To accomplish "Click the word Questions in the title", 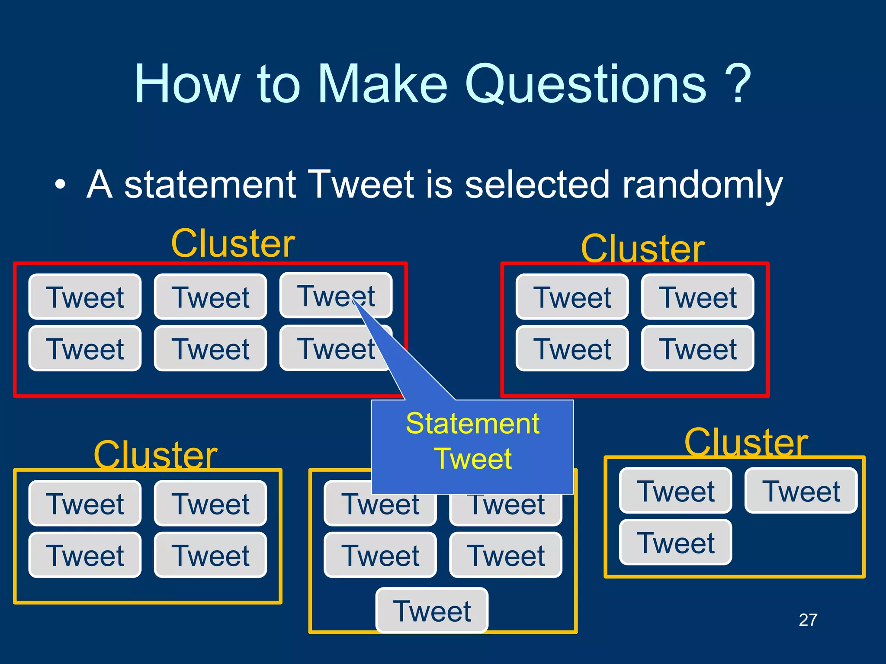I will click(586, 84).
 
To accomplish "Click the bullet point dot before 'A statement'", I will click(61, 185).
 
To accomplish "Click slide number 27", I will click(808, 620).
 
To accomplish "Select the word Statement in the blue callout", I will click(472, 424).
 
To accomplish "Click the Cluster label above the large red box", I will click(233, 244).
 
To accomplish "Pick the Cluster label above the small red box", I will click(643, 249).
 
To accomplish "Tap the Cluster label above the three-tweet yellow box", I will click(746, 443).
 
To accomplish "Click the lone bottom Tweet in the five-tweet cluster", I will click(432, 611).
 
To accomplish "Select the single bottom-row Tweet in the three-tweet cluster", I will click(675, 543).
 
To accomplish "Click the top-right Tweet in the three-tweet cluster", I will click(801, 491).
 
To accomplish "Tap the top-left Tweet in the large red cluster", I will click(85, 297).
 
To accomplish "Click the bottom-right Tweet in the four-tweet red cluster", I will click(697, 348).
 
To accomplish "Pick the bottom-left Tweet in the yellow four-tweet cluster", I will click(85, 555).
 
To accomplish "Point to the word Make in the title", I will click(382, 84).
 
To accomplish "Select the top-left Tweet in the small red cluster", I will click(572, 297).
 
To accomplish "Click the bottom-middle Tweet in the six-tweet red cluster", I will click(211, 348).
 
